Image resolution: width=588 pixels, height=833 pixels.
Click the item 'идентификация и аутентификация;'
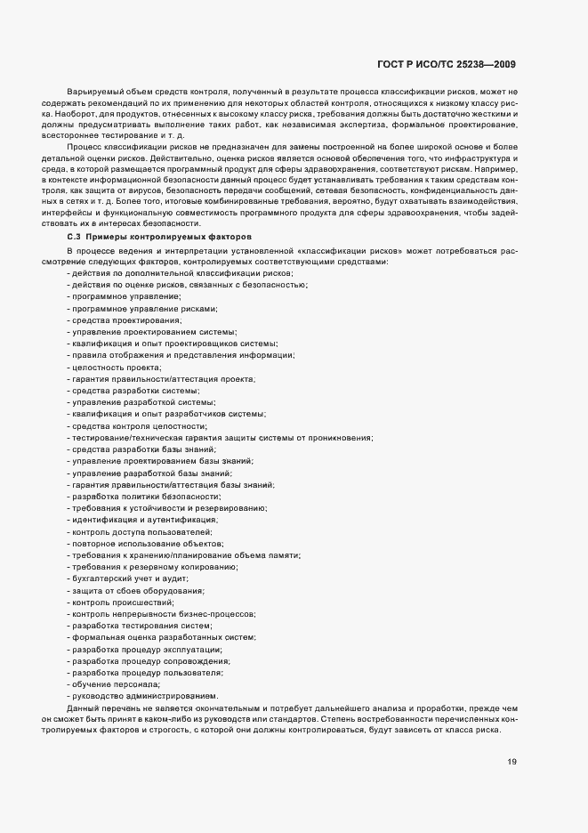pyautogui.click(x=142, y=519)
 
